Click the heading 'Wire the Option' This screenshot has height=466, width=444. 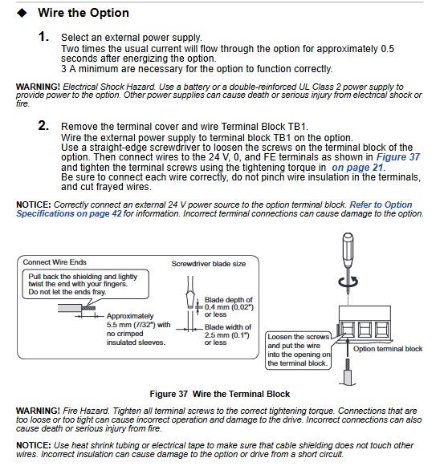(x=84, y=13)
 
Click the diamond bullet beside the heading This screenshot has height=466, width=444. (x=22, y=13)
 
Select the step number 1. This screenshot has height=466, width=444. (x=43, y=37)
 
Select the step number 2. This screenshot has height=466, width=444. (x=43, y=125)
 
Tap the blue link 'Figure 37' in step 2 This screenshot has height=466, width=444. (x=398, y=157)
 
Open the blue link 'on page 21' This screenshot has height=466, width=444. (x=357, y=168)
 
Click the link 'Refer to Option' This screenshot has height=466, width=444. (x=381, y=205)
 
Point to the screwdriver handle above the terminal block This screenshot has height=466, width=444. (x=348, y=249)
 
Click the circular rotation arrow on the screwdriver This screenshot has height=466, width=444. (x=348, y=282)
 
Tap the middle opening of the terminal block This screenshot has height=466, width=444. (x=365, y=329)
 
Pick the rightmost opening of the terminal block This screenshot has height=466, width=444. (x=382, y=329)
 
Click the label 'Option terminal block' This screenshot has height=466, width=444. (x=388, y=349)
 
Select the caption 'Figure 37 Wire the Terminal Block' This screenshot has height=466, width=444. (x=220, y=394)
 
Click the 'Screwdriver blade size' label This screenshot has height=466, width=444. (x=209, y=264)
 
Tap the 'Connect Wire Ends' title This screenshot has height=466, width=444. (x=55, y=262)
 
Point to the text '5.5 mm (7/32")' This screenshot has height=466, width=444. (x=131, y=325)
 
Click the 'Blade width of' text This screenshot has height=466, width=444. (x=228, y=327)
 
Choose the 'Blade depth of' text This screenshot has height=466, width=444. (x=229, y=300)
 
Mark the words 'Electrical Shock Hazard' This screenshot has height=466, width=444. (x=109, y=87)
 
